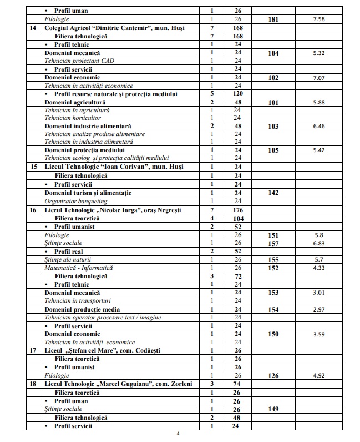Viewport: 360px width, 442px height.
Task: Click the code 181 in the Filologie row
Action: point(273,19)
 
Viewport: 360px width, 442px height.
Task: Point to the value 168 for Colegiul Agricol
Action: point(239,27)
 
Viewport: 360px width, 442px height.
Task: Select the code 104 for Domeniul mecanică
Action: point(273,53)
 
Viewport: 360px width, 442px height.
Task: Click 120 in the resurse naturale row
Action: point(239,94)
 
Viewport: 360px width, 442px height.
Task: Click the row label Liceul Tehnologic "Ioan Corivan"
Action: point(114,167)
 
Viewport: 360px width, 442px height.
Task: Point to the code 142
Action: point(273,193)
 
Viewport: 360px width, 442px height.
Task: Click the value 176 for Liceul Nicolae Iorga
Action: point(239,210)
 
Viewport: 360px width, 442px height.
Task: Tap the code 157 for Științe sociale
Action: point(273,243)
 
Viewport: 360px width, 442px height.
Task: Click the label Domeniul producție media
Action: point(82,309)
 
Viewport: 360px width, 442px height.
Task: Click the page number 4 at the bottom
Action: point(178,435)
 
